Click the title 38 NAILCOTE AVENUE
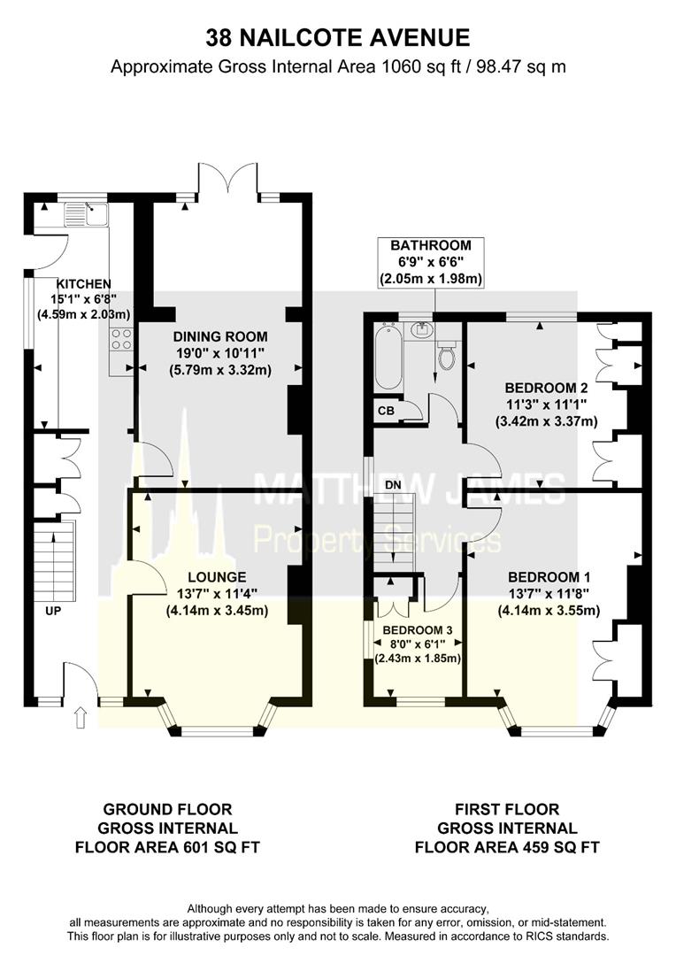338,38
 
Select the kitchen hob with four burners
120,339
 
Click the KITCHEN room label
84,283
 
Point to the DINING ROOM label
220,336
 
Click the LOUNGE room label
217,577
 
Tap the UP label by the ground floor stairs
53,610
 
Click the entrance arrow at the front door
80,718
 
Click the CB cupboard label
386,411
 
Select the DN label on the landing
393,484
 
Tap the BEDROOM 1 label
549,577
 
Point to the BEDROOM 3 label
418,630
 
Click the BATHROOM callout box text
431,262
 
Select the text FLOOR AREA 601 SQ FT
167,847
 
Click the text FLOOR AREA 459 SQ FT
507,847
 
